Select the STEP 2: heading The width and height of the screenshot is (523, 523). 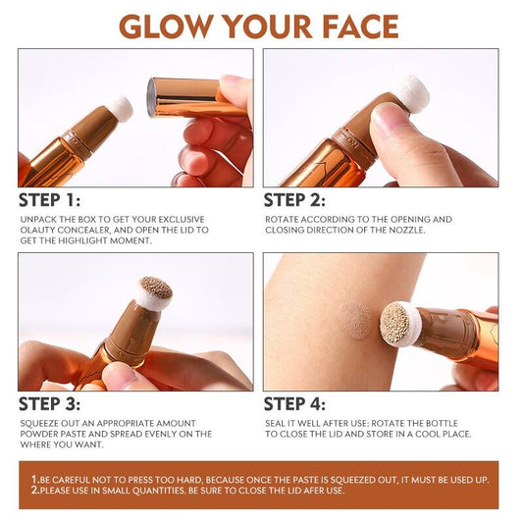[x=301, y=200]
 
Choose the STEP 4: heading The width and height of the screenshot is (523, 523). [x=301, y=403]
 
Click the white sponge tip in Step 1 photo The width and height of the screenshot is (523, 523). [x=119, y=108]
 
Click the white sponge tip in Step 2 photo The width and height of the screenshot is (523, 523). [x=411, y=90]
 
